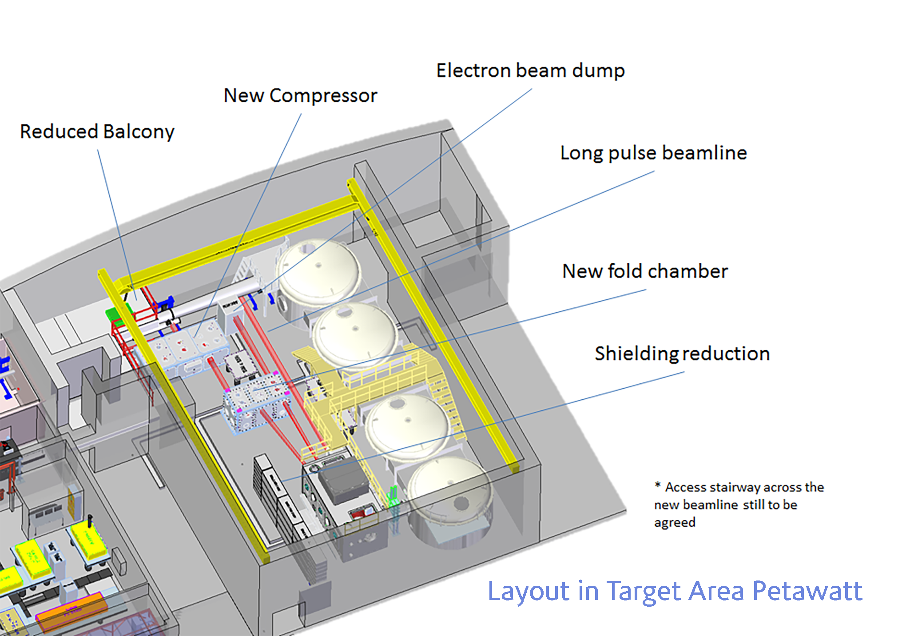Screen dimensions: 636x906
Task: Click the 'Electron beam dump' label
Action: click(530, 71)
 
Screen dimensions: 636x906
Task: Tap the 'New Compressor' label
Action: click(300, 95)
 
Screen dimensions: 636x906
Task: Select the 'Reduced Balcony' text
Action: click(97, 132)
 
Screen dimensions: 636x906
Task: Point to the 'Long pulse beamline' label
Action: click(653, 153)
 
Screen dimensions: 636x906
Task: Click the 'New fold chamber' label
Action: click(645, 271)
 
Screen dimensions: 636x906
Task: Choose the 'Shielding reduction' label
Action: click(682, 354)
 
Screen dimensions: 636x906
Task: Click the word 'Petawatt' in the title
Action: click(807, 591)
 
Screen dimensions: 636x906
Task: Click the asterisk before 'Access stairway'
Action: click(657, 485)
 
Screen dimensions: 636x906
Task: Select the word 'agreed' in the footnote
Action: click(675, 523)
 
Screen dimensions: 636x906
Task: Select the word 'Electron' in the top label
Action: click(473, 71)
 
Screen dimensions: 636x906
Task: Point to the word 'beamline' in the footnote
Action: click(711, 505)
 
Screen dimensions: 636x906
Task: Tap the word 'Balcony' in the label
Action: click(139, 132)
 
